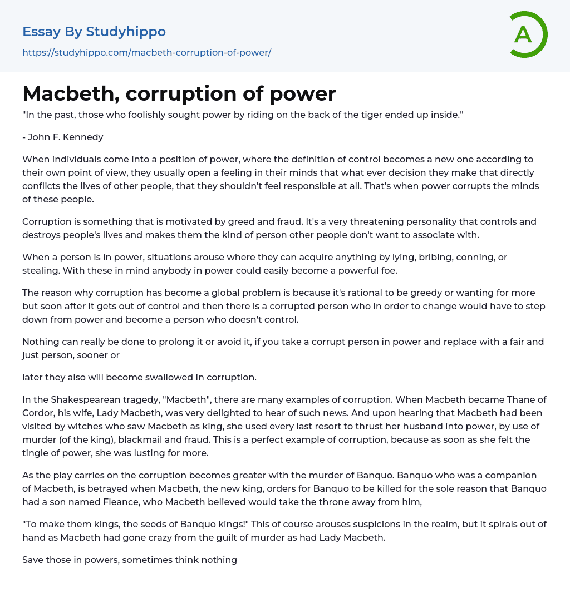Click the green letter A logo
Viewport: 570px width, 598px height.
tap(528, 34)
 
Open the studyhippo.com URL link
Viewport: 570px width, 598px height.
tap(146, 53)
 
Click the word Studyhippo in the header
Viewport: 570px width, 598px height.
tap(126, 32)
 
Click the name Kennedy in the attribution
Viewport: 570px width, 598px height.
tap(83, 137)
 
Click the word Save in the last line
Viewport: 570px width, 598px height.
tap(33, 560)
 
